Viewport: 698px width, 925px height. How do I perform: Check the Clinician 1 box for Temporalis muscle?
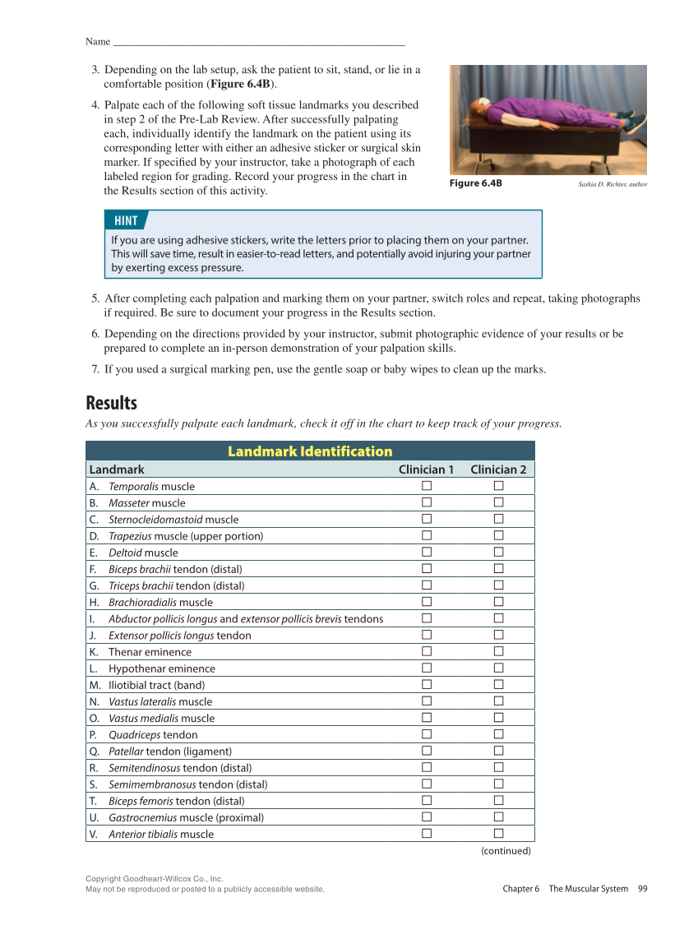(427, 486)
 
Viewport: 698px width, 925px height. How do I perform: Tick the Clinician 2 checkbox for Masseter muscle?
(498, 502)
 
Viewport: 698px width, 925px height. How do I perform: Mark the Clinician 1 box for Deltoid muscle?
(427, 553)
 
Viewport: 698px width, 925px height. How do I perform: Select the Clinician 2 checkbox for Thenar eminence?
(498, 652)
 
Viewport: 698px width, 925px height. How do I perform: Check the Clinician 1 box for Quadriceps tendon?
(427, 734)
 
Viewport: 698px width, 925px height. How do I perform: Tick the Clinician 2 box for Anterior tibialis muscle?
(498, 834)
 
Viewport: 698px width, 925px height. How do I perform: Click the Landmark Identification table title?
(310, 451)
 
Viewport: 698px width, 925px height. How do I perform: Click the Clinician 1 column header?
(426, 469)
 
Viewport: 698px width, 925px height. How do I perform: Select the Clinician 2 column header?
(498, 469)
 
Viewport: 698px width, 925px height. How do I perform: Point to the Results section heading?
(111, 403)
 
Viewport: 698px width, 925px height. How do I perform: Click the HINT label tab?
(126, 220)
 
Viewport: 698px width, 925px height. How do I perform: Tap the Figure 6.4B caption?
(475, 183)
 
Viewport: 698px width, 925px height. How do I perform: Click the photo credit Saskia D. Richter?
(612, 184)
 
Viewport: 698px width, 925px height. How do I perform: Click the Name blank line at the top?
(258, 42)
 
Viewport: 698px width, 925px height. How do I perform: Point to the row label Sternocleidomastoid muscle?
(173, 520)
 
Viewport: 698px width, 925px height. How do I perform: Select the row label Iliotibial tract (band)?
(156, 685)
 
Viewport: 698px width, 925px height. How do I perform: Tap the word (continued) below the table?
(506, 851)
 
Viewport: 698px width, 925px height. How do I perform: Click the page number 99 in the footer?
(642, 889)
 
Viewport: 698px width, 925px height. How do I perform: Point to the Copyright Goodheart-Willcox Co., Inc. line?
(155, 879)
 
